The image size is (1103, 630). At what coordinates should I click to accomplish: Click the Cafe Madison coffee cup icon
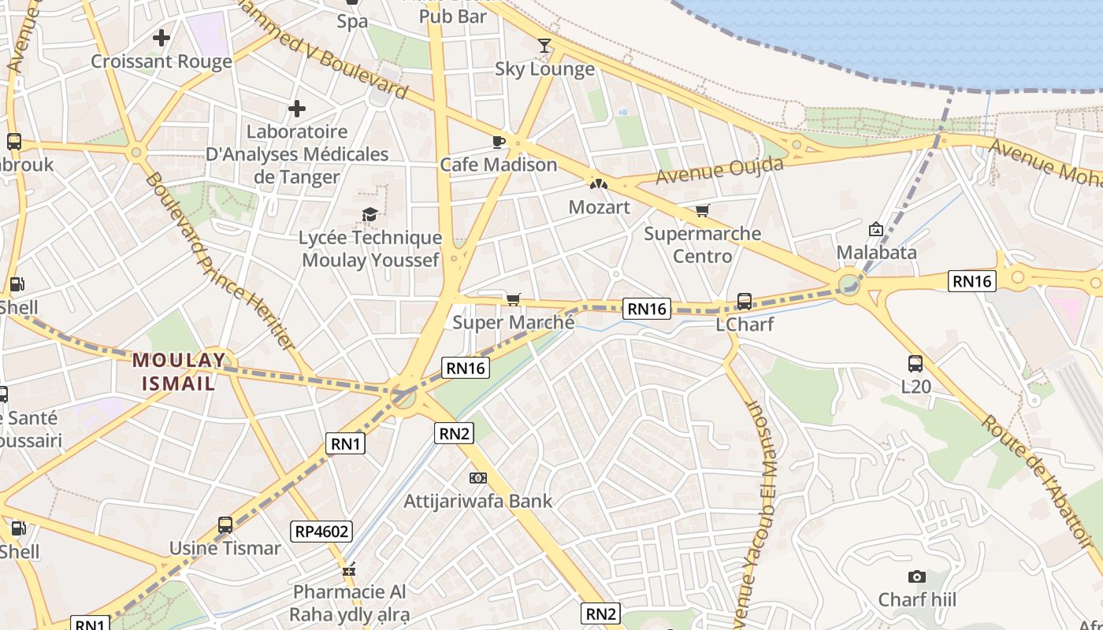tap(498, 142)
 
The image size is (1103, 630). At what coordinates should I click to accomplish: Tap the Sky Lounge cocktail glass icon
tap(544, 46)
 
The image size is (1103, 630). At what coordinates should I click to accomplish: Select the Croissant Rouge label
tap(162, 61)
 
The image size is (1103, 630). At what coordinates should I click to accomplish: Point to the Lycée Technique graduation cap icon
tap(370, 214)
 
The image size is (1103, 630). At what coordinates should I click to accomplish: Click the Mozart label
tap(600, 207)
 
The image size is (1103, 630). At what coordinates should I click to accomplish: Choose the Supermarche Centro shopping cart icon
tap(702, 210)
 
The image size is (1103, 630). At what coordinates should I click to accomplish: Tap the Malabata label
tap(876, 253)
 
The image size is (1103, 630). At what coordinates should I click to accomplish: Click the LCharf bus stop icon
tap(744, 301)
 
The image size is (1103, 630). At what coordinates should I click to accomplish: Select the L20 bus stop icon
tap(915, 364)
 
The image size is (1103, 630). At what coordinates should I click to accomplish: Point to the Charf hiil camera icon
tap(916, 576)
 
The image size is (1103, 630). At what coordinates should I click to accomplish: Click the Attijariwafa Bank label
tap(478, 501)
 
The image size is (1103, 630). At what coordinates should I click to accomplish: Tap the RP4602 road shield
tap(321, 532)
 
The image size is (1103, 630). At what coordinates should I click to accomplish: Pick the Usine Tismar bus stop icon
tap(225, 525)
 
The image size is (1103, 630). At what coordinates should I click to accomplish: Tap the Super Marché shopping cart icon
tap(514, 299)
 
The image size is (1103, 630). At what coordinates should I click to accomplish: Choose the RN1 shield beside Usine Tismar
tap(346, 444)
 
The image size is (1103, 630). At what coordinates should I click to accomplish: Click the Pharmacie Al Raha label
tap(350, 603)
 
